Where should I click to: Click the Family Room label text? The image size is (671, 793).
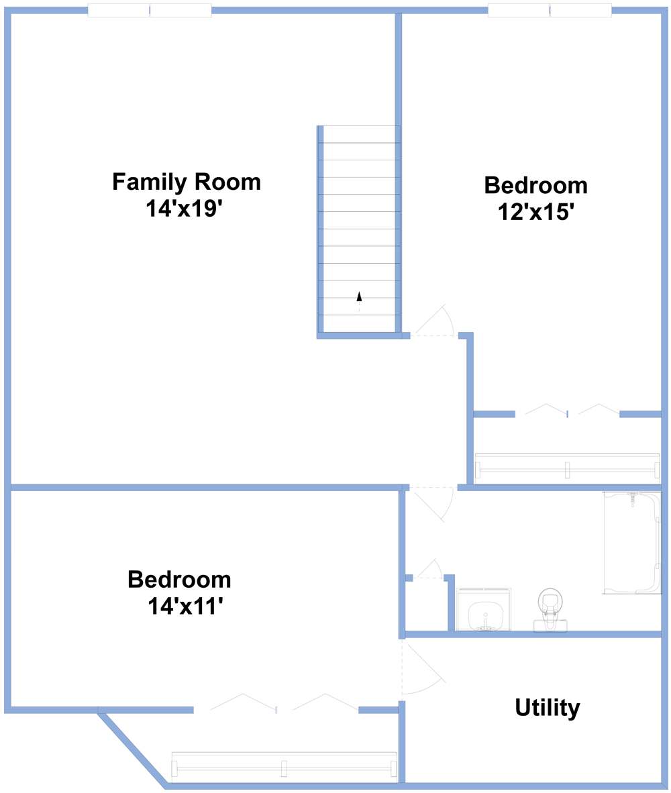tap(186, 182)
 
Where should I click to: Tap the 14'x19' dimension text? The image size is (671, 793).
tap(183, 209)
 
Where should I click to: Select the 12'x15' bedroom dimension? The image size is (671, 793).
tap(535, 212)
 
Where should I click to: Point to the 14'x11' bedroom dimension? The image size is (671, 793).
tap(185, 606)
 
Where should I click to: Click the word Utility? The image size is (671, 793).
tap(547, 707)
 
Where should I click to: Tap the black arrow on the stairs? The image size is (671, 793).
tap(359, 297)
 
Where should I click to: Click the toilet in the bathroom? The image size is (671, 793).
tap(550, 608)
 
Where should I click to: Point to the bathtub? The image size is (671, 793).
tap(631, 542)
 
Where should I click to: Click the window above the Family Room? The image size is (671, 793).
tap(150, 10)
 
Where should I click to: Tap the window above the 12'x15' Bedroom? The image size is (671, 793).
tap(549, 10)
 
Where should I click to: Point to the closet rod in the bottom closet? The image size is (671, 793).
tap(284, 767)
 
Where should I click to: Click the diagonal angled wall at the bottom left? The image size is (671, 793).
tap(132, 749)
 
